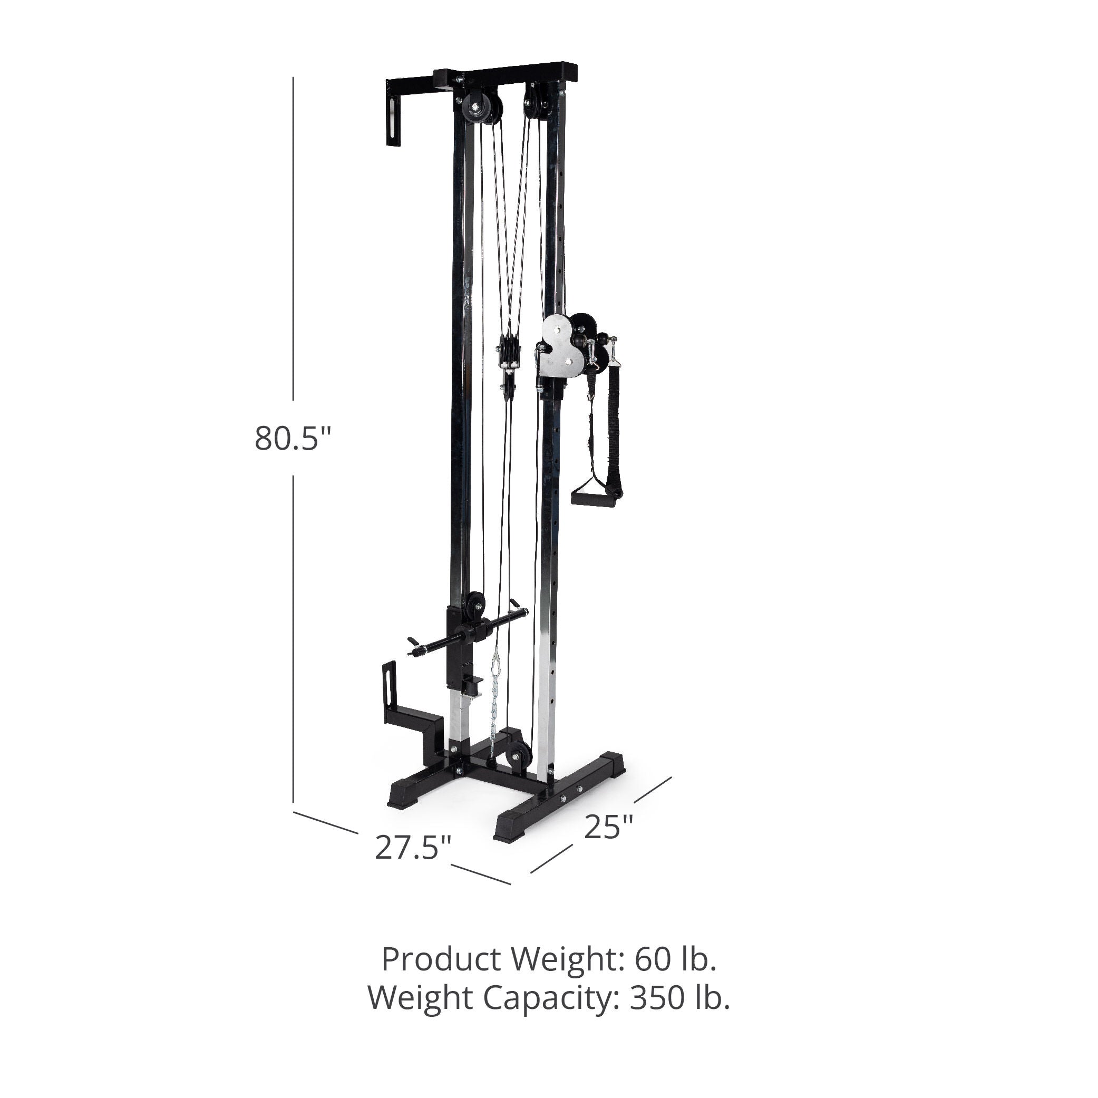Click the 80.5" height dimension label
(292, 439)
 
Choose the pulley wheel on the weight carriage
(474, 604)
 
